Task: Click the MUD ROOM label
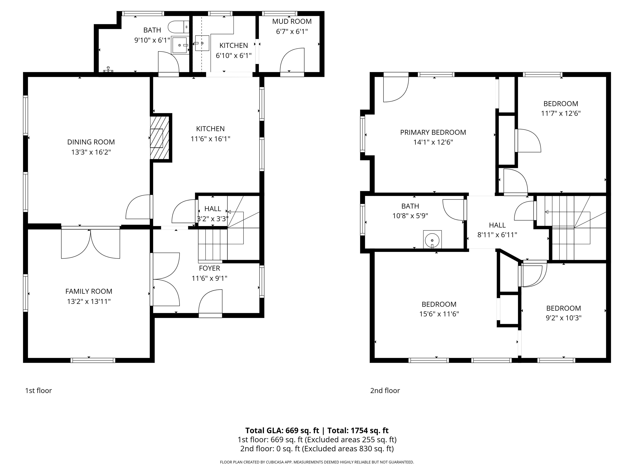(292, 21)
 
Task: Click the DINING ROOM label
(91, 142)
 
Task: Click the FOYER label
(209, 268)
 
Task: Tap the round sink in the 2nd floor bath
(432, 239)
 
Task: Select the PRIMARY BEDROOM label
(433, 132)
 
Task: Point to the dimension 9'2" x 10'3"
(563, 318)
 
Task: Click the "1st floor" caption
(38, 390)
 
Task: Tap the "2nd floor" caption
(385, 390)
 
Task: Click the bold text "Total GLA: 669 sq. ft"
(282, 431)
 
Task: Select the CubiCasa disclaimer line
(317, 462)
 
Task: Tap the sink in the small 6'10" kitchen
(202, 43)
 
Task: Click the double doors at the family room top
(91, 243)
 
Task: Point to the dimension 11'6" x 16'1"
(210, 139)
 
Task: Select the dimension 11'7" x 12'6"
(561, 113)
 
